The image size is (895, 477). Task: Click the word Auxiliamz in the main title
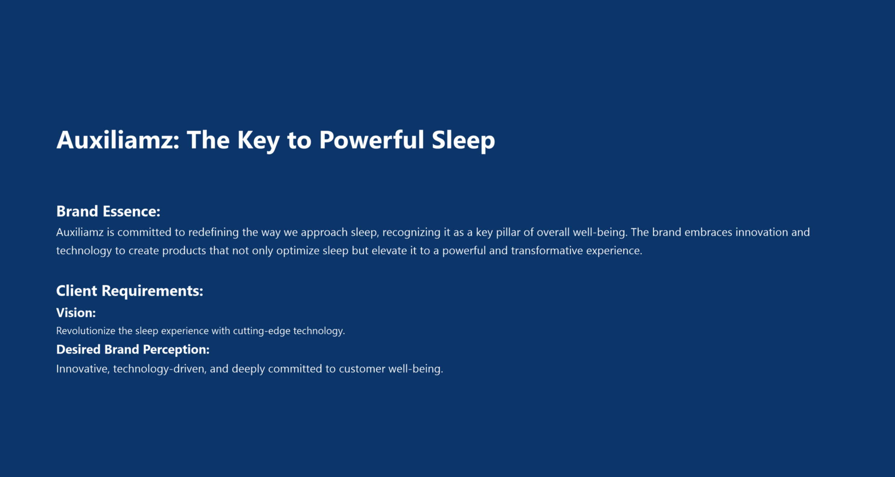pyautogui.click(x=118, y=140)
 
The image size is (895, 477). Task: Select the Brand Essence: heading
pyautogui.click(x=108, y=211)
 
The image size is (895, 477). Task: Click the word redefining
pyautogui.click(x=214, y=232)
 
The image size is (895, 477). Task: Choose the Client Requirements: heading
pyautogui.click(x=130, y=291)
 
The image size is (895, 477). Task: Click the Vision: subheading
pyautogui.click(x=76, y=313)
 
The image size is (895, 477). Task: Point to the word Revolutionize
pyautogui.click(x=86, y=331)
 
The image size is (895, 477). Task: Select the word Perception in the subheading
pyautogui.click(x=176, y=349)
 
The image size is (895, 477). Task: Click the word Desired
pyautogui.click(x=79, y=349)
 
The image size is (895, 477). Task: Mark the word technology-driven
pyautogui.click(x=160, y=369)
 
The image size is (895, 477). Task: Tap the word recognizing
pyautogui.click(x=412, y=232)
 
